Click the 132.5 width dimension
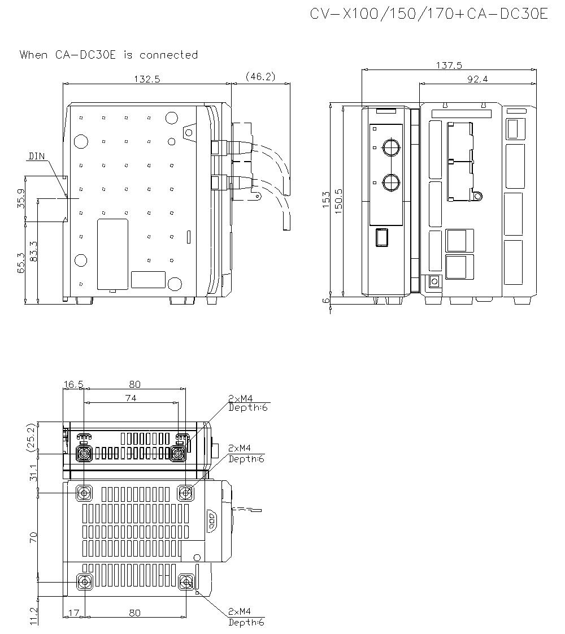coord(147,80)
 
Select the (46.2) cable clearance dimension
coord(260,76)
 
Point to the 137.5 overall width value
coord(449,66)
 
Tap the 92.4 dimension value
coord(477,80)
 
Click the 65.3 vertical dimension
coord(21,263)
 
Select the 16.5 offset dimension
coord(73,384)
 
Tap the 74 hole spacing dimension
coord(131,398)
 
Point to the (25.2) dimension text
coord(31,438)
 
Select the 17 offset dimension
coord(72,613)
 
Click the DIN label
coord(37,156)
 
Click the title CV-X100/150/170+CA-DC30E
coord(429,14)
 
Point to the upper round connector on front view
coord(390,147)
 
